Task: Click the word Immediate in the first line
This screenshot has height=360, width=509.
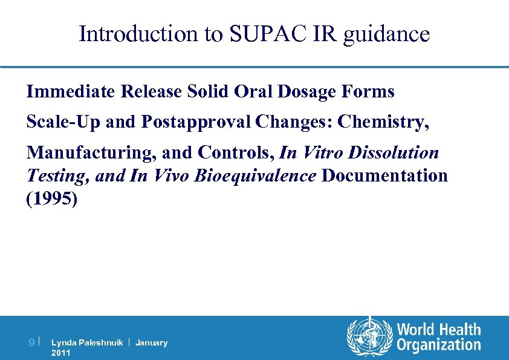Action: (x=71, y=91)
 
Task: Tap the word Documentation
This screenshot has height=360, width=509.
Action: (x=384, y=175)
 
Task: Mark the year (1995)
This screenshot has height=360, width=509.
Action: (x=52, y=199)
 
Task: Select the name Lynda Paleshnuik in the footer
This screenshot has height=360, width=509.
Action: (x=87, y=343)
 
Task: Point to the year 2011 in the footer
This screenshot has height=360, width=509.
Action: (x=61, y=353)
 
